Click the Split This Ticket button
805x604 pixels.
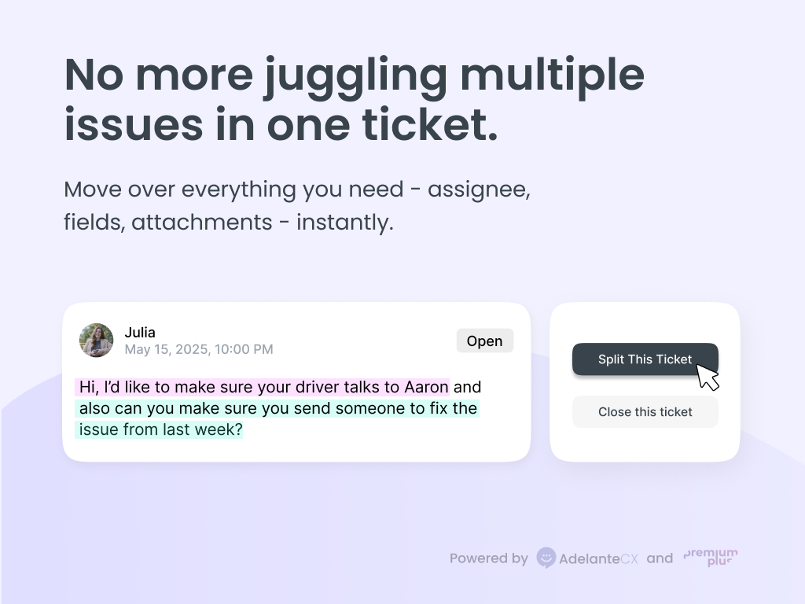[645, 359]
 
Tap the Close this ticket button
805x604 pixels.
[645, 412]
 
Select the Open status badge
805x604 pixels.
[484, 341]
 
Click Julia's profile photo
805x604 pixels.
[97, 341]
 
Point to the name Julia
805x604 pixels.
[140, 333]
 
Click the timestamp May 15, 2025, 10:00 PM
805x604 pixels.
[199, 349]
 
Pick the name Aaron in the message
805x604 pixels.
[426, 387]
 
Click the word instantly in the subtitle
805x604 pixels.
[345, 223]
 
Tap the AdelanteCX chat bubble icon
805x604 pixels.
[546, 558]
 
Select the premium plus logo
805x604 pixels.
[711, 558]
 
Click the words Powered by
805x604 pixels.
[488, 558]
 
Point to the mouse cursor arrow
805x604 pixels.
[707, 376]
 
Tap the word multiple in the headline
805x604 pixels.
[552, 75]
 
